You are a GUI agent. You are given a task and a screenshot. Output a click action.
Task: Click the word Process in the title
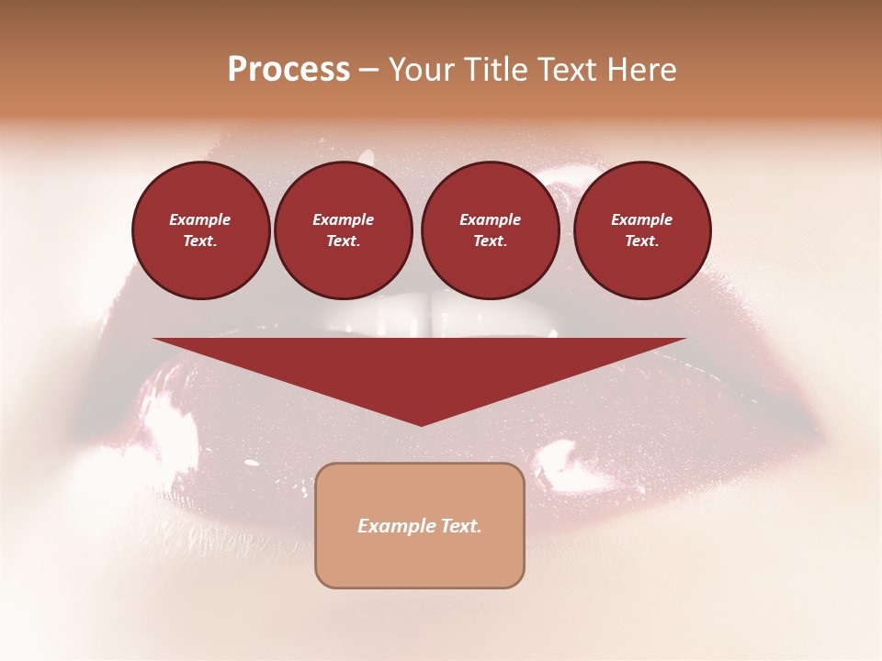point(288,70)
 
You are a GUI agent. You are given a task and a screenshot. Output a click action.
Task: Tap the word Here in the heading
point(639,70)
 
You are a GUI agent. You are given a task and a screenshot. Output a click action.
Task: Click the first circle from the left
point(200,230)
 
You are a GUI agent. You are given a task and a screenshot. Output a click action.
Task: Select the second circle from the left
point(344,230)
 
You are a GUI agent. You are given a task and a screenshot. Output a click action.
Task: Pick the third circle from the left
point(490,230)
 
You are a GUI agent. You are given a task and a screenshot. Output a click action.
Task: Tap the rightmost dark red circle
point(642,230)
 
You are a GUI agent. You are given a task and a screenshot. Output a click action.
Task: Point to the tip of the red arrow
point(421,424)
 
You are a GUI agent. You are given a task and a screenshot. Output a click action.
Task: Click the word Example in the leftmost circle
point(200,220)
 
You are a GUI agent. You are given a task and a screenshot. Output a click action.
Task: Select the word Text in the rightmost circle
point(642,241)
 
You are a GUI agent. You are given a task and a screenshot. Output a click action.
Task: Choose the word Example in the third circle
point(490,220)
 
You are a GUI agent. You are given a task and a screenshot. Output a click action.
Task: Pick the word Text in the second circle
point(344,241)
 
